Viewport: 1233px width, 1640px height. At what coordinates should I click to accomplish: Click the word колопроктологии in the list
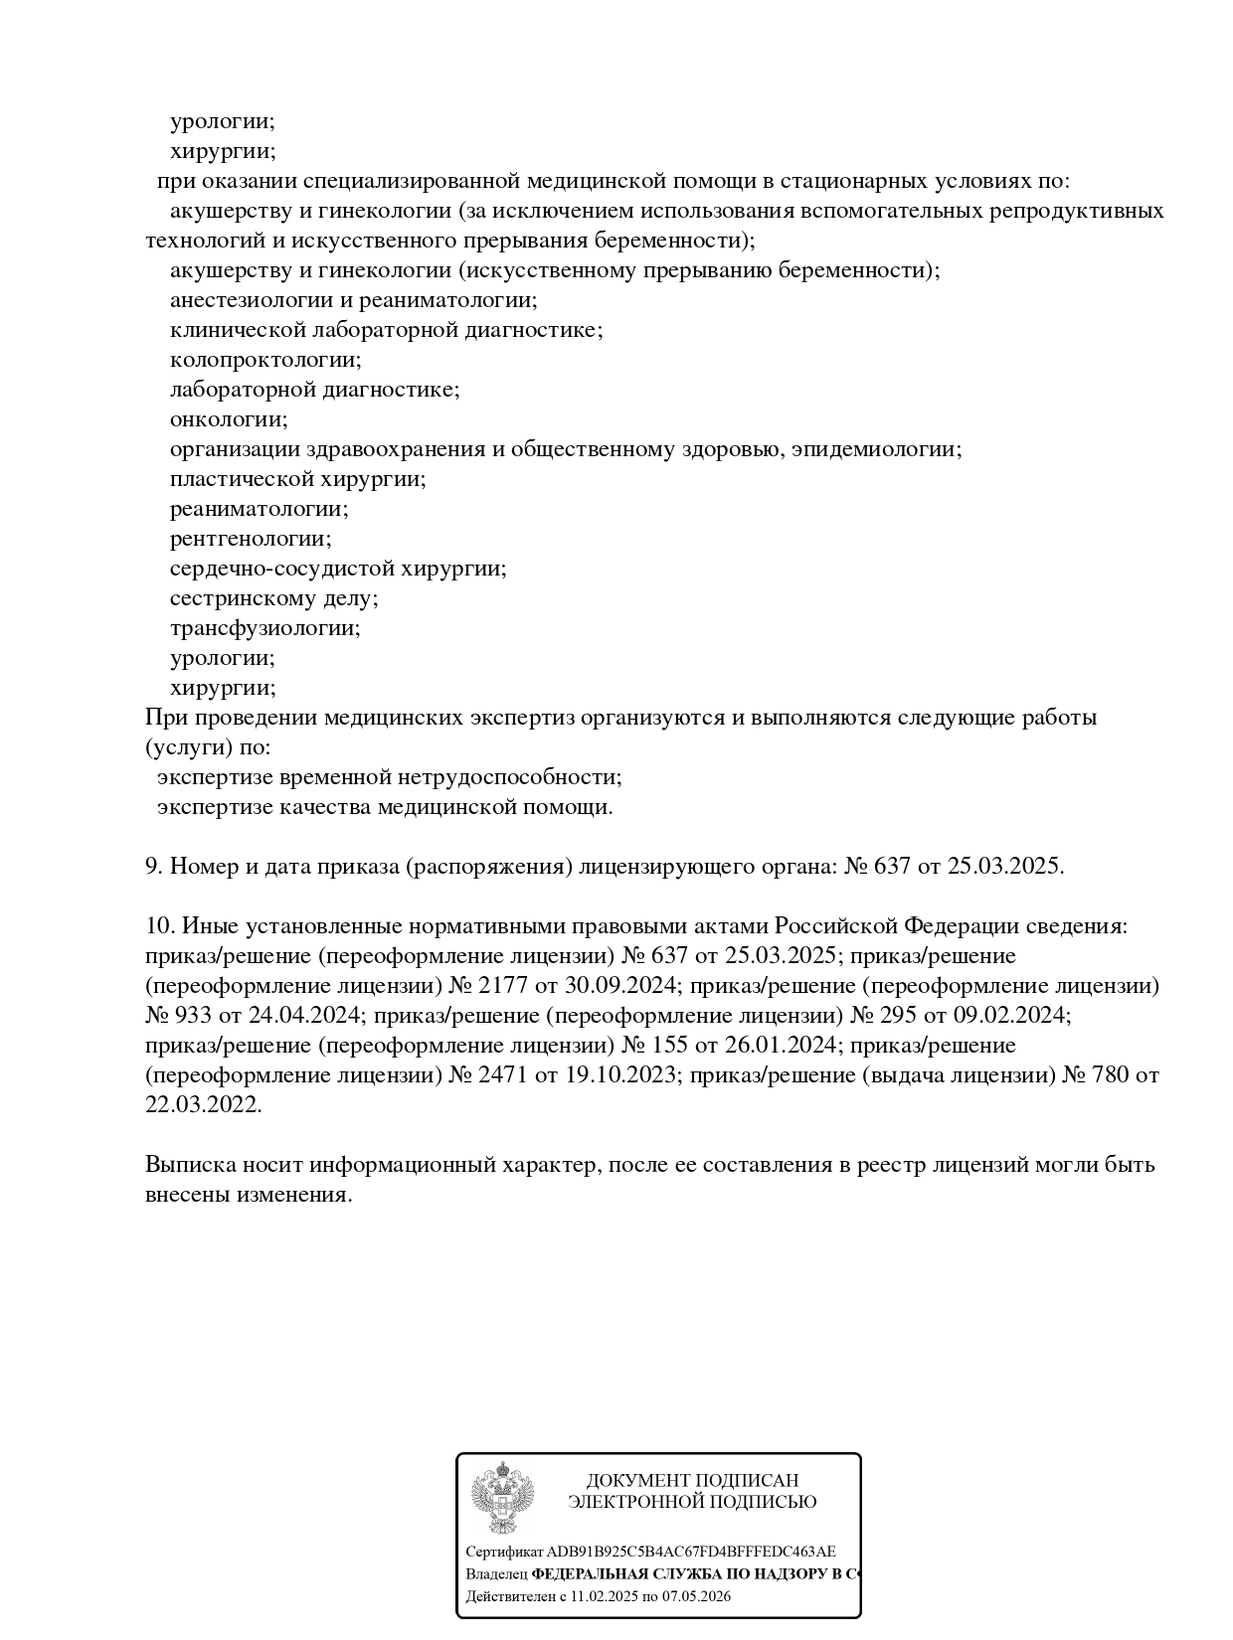[x=265, y=360]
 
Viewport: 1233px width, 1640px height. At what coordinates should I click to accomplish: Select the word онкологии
[x=229, y=419]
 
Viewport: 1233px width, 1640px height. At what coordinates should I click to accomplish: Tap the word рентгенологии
[x=251, y=539]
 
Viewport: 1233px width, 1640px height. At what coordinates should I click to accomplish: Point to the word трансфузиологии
[x=264, y=628]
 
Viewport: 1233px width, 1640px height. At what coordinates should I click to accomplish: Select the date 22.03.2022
[x=204, y=1105]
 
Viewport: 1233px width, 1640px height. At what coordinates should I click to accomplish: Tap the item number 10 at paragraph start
[x=160, y=926]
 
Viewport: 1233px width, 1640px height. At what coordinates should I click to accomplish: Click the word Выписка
[x=187, y=1165]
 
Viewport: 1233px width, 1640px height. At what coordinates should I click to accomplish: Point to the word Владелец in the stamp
[x=496, y=1574]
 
